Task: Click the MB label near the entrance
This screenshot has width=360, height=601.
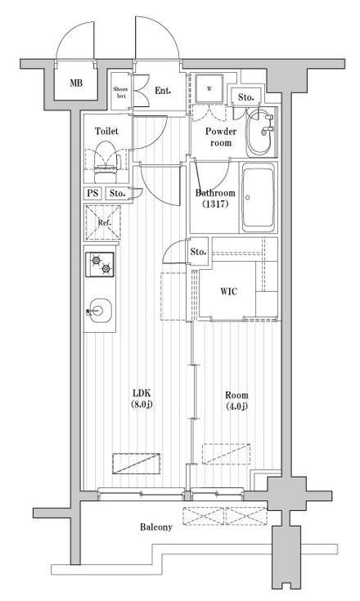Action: coord(75,83)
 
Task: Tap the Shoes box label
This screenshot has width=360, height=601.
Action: coord(120,91)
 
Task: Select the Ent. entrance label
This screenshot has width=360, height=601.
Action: coord(163,90)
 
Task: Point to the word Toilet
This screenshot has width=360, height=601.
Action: coord(106,131)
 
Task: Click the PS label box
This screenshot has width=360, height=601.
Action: coord(92,194)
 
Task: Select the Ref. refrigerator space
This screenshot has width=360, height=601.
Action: coord(103,222)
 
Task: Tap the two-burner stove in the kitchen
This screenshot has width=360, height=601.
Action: coord(102,264)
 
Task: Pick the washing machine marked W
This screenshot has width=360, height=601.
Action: coord(209,89)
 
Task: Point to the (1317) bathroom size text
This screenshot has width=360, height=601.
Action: coord(215,205)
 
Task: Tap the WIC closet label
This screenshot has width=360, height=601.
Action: coord(229,293)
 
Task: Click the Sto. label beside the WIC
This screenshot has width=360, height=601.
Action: coord(198,251)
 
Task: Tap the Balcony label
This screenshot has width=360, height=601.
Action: coord(155,527)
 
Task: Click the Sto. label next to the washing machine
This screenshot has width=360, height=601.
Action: coord(245,98)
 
